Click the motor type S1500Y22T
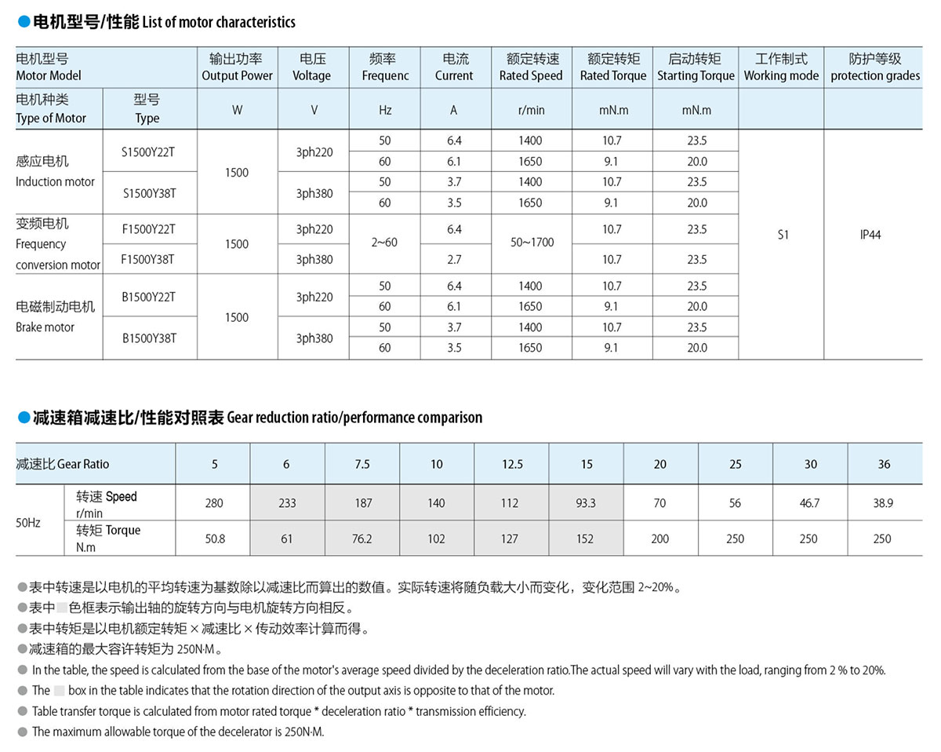tap(148, 151)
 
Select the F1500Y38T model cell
tap(148, 259)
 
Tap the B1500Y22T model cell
tap(148, 297)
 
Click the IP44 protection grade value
tap(870, 235)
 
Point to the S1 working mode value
tap(783, 235)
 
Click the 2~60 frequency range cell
tap(384, 243)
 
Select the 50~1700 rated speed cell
tap(532, 243)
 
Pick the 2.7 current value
tap(454, 259)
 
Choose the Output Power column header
tap(237, 68)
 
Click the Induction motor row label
tap(55, 171)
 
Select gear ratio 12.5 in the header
tap(512, 464)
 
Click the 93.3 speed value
tap(586, 502)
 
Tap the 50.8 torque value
tap(214, 538)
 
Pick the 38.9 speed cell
tap(883, 502)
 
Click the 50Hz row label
tap(28, 521)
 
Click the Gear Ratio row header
tap(63, 464)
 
